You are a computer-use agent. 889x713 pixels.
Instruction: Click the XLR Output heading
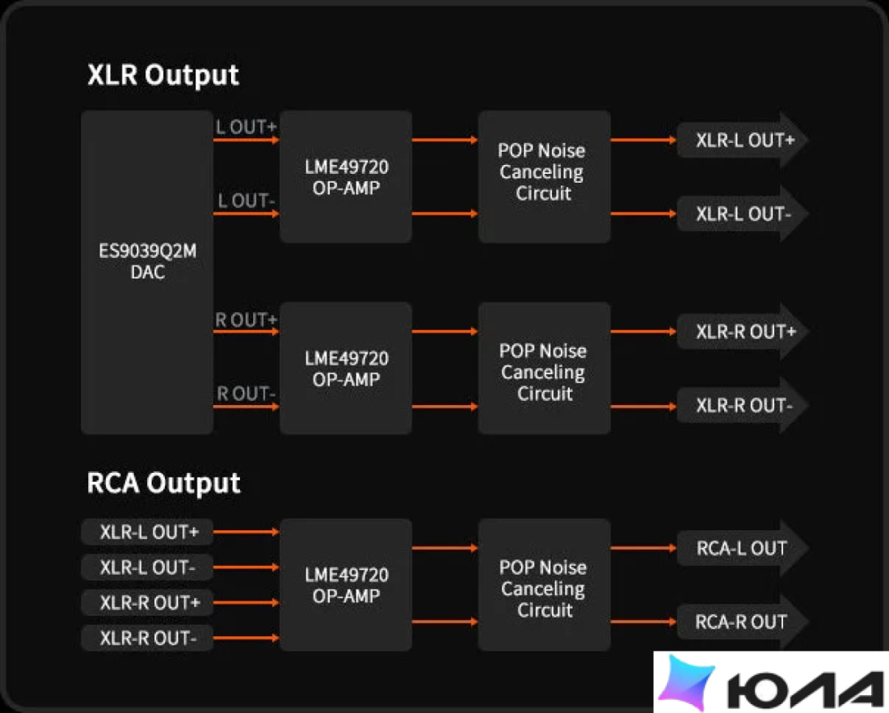point(163,75)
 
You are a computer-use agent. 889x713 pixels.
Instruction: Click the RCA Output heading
point(164,483)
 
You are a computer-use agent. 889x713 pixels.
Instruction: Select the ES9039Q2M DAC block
point(147,272)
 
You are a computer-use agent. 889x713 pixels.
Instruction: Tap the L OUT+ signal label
point(246,127)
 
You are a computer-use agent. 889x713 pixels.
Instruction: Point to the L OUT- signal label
point(246,200)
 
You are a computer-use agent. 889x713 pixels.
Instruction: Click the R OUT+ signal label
point(246,320)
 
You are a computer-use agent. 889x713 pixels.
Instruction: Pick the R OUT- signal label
point(246,394)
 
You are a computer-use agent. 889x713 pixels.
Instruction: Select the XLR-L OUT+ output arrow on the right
point(743,140)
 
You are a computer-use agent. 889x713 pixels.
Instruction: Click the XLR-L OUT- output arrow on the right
point(743,214)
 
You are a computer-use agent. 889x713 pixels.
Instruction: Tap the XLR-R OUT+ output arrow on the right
point(743,331)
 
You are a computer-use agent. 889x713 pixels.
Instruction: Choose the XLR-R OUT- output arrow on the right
point(743,406)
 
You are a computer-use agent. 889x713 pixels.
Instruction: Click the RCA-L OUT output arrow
point(743,548)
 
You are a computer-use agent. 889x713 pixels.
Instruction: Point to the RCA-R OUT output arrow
point(743,622)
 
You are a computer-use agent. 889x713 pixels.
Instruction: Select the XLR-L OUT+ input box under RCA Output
point(147,532)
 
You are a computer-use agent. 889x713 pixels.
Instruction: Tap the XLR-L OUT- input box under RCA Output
point(147,567)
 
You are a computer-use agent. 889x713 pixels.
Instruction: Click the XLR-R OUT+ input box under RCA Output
point(147,602)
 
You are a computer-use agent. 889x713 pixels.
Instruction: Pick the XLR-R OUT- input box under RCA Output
point(147,638)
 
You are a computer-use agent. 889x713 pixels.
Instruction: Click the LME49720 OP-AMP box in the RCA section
point(346,584)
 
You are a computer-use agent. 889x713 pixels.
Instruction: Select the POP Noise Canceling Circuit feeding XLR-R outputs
point(544,368)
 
